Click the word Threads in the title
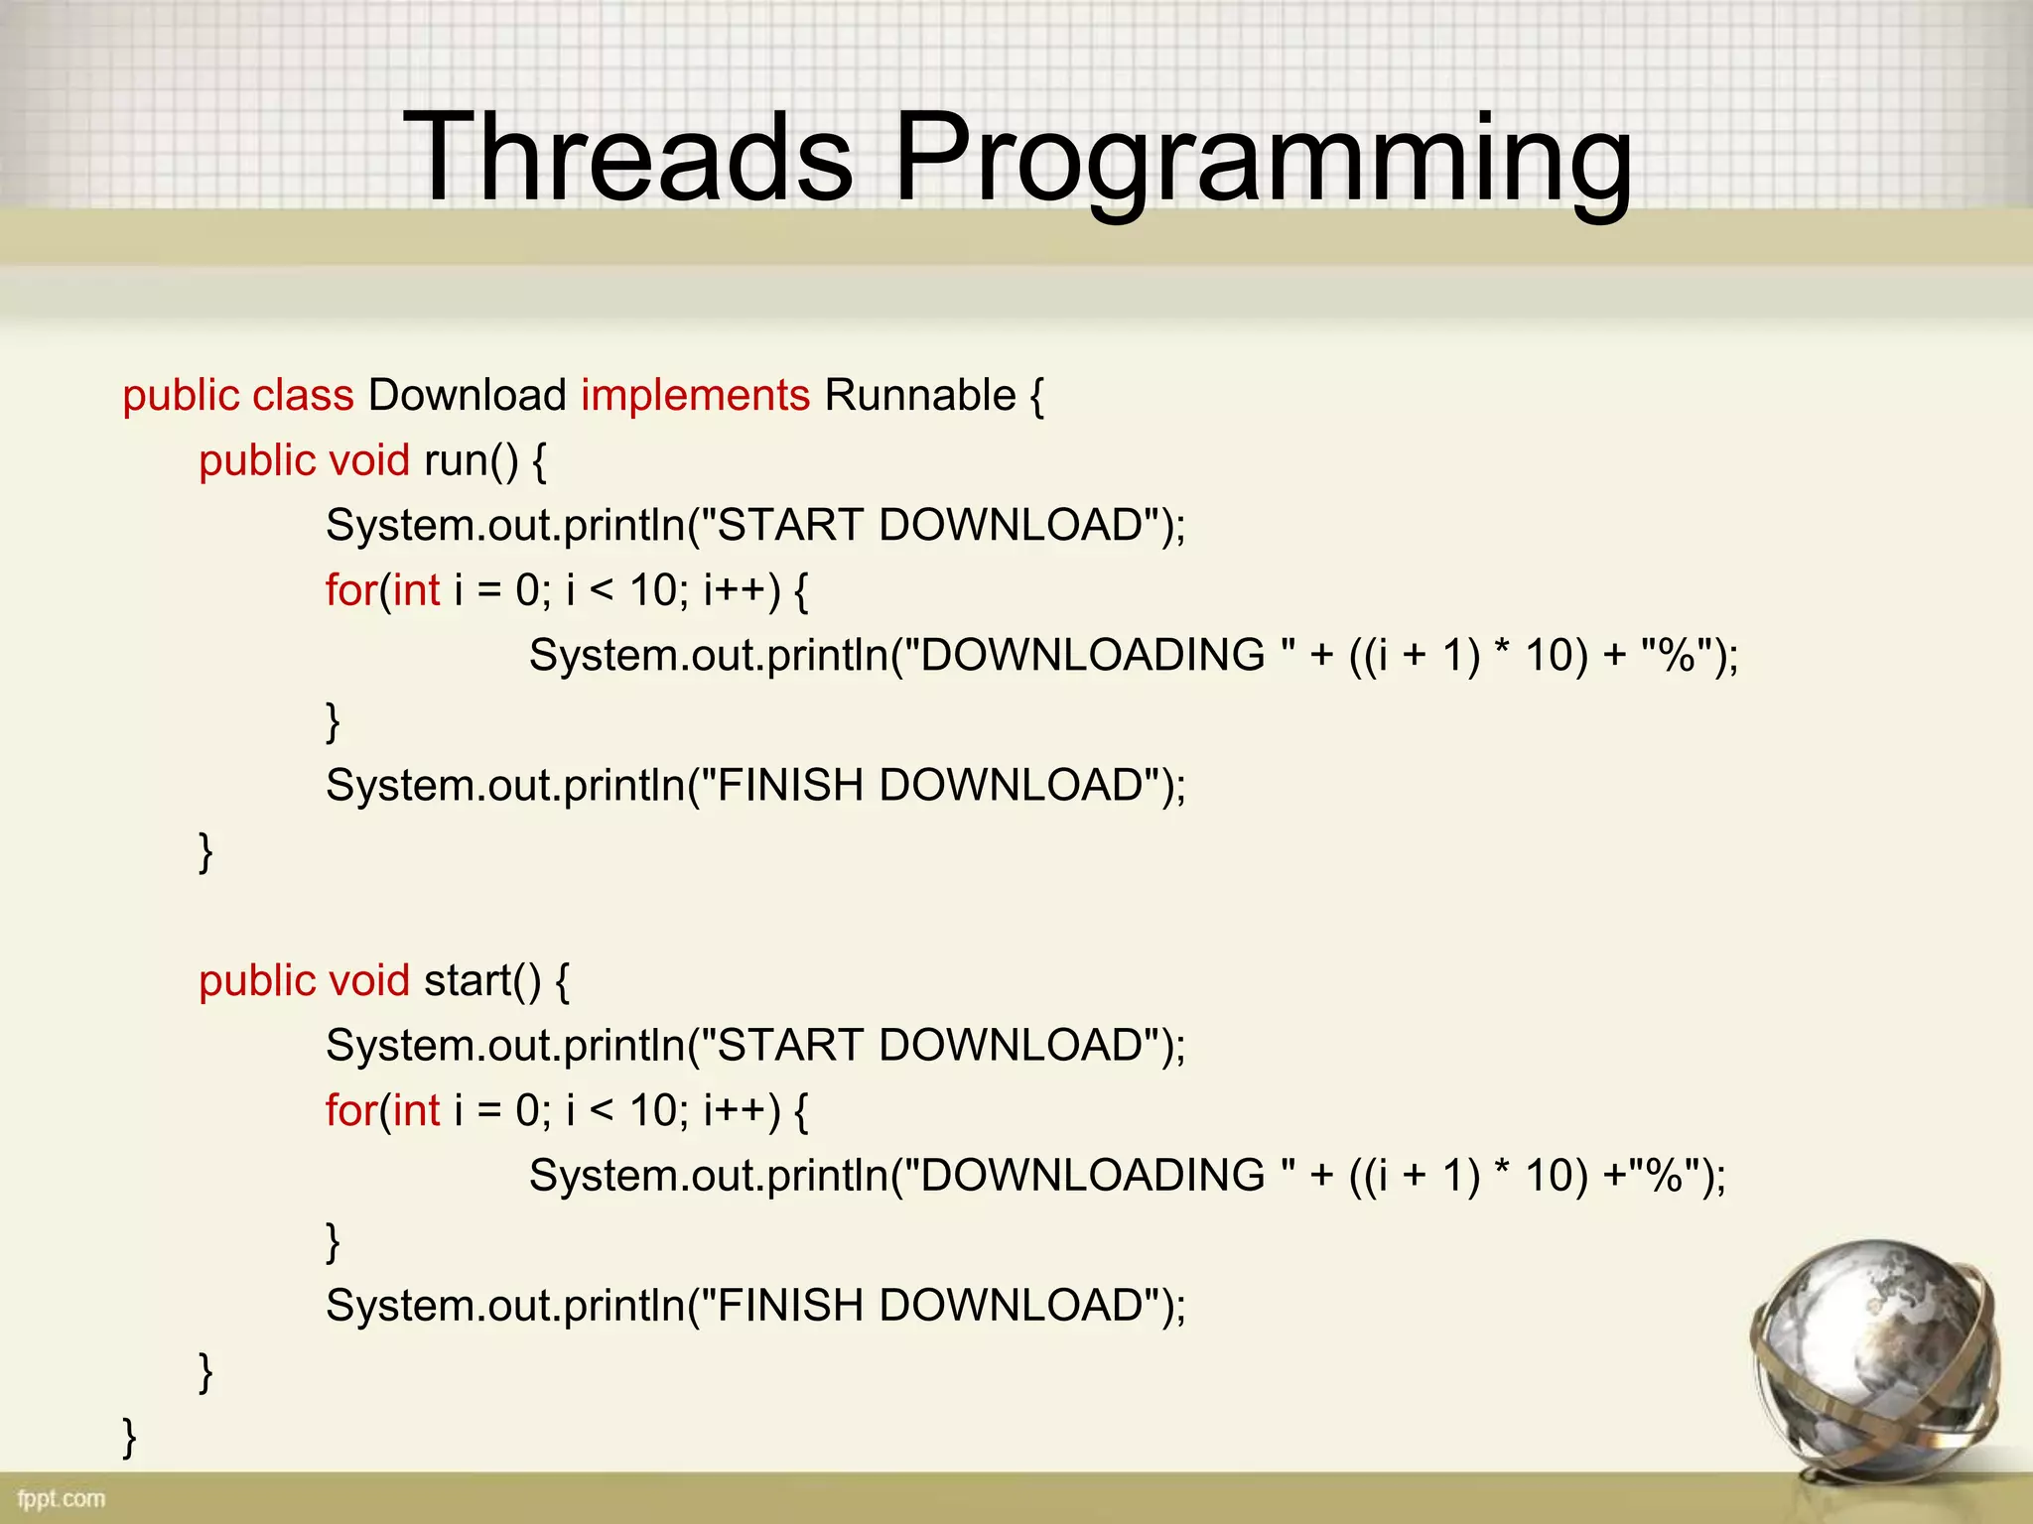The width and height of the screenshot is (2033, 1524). point(627,157)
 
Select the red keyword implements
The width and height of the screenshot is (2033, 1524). point(695,396)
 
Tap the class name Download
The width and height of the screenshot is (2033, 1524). point(467,396)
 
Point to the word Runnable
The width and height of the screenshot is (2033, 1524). point(919,396)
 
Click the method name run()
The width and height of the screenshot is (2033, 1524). point(471,461)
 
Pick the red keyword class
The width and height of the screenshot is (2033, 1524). point(303,396)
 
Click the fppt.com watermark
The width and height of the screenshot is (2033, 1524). point(61,1498)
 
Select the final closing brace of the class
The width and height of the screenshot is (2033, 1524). point(129,1437)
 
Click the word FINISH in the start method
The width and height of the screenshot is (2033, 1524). point(789,1306)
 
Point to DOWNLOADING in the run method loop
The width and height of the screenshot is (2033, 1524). point(1092,656)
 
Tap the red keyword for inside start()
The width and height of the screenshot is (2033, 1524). point(350,1110)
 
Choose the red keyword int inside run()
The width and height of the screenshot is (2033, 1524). point(417,591)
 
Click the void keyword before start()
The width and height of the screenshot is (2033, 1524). point(368,981)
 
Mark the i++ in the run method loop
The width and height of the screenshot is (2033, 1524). point(735,591)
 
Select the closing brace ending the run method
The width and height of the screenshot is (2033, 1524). point(205,851)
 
